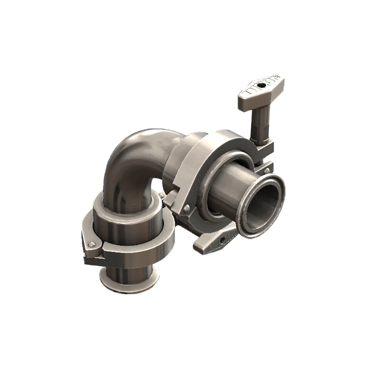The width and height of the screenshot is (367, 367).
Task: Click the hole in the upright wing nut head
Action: (261, 87)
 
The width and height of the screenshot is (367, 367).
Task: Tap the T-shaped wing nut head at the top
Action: (253, 92)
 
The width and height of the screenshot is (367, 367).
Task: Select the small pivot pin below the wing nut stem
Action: (267, 170)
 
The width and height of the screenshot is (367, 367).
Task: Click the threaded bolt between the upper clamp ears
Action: (262, 161)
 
